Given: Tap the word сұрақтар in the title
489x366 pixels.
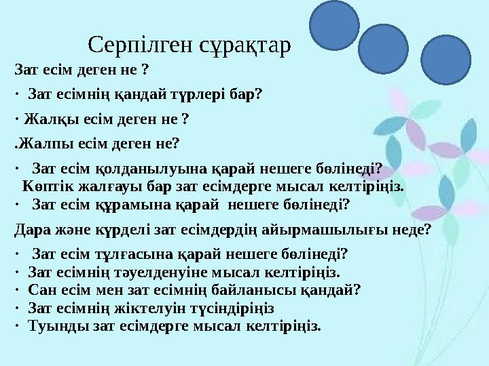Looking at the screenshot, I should click(246, 45).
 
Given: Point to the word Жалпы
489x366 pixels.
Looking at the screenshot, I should click(39, 143).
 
